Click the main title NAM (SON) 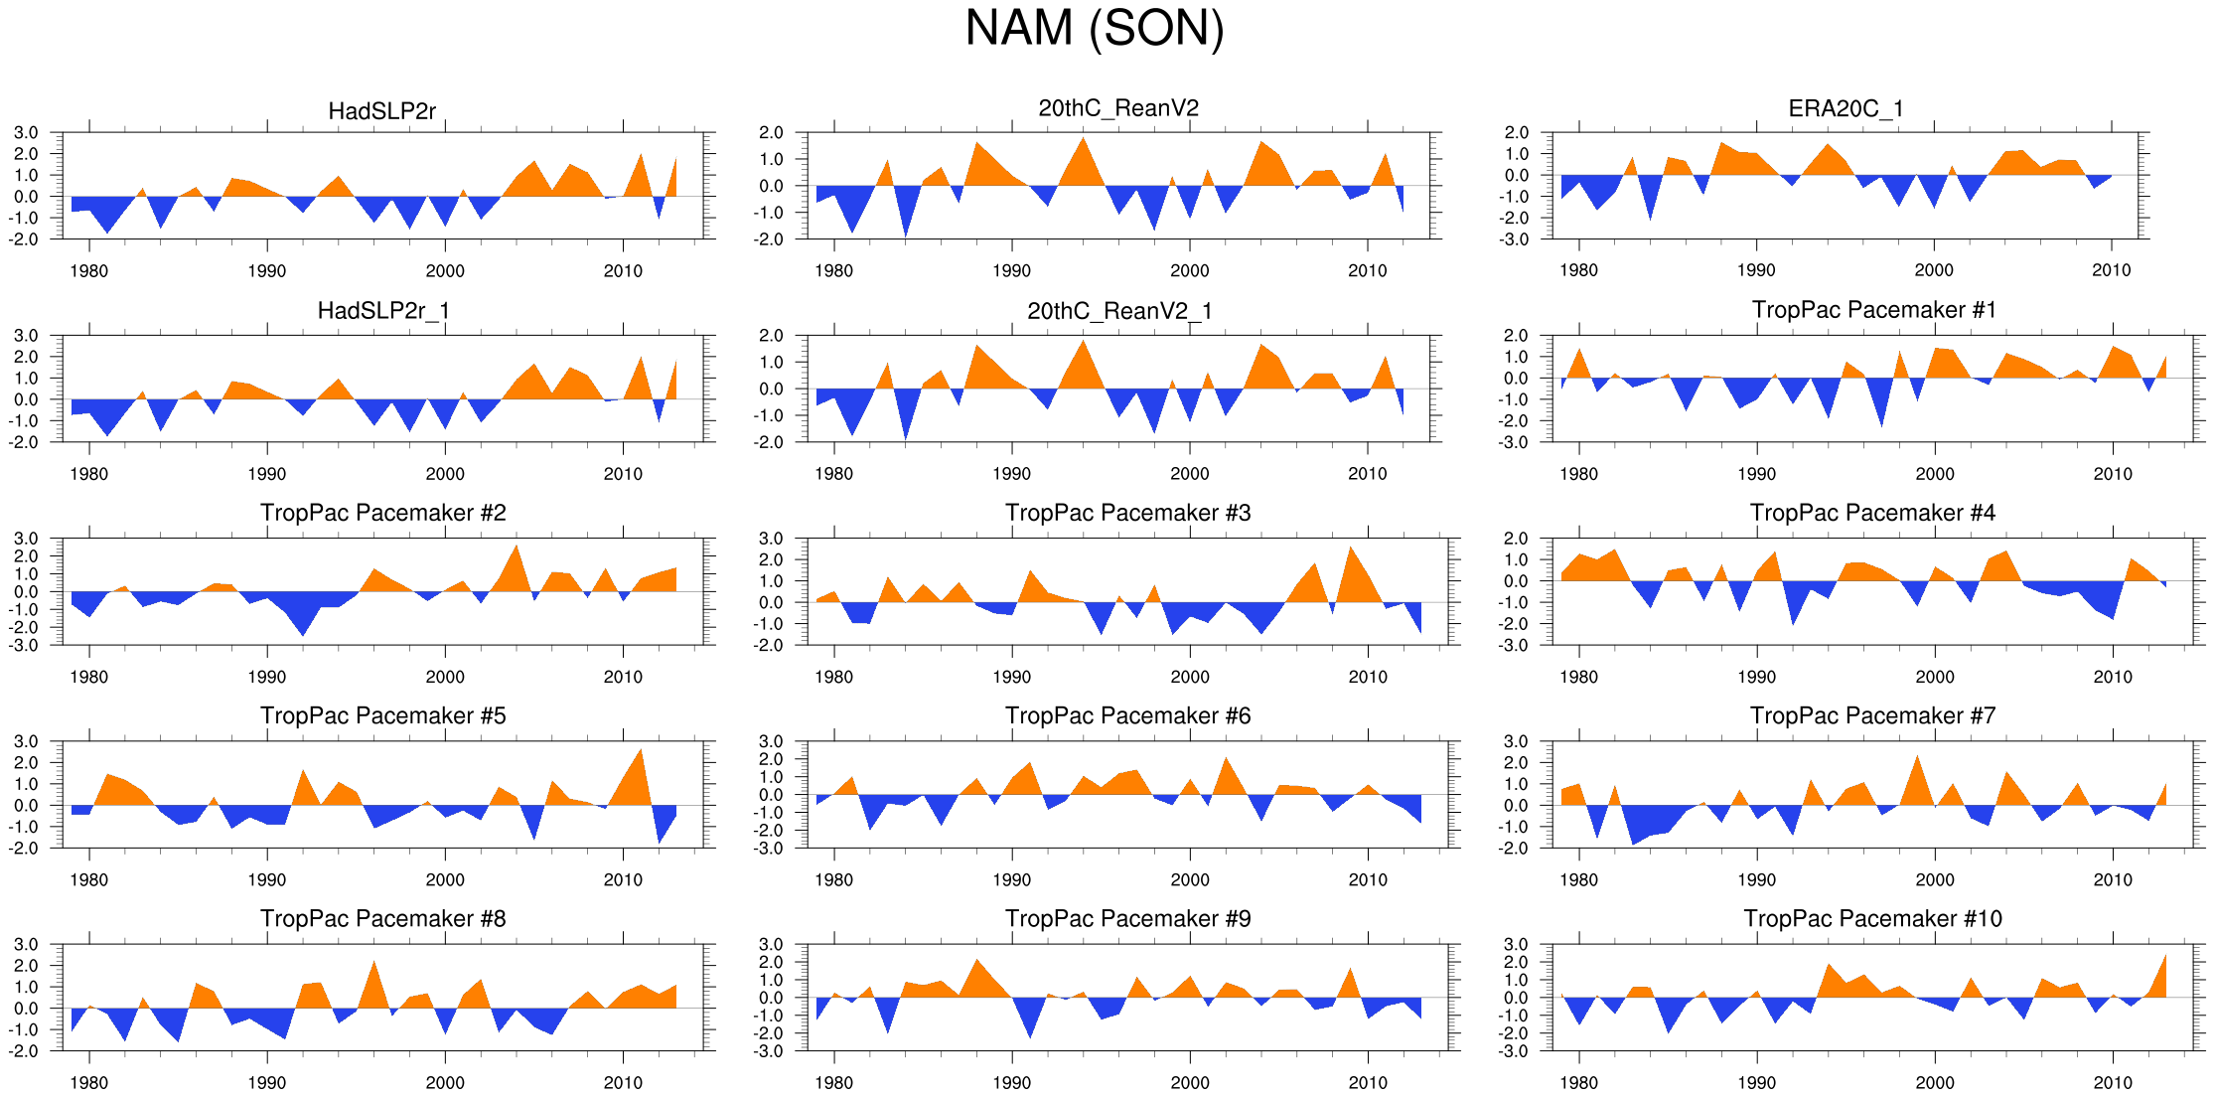[x=1095, y=28]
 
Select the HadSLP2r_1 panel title [x=383, y=311]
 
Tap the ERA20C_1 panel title [x=1846, y=108]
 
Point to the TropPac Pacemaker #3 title [x=1127, y=513]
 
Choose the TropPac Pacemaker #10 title [x=1872, y=918]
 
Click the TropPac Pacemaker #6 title [x=1127, y=715]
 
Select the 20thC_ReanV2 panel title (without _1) [x=1118, y=108]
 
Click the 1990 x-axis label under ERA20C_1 [x=1756, y=270]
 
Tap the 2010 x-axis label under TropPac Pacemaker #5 [x=623, y=879]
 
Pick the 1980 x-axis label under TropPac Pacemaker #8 [x=89, y=1082]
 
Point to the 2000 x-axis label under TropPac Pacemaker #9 [x=1190, y=1082]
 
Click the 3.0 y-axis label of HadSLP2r [x=27, y=133]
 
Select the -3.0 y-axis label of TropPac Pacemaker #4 [x=1516, y=646]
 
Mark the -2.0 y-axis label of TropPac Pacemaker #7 [x=1516, y=849]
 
